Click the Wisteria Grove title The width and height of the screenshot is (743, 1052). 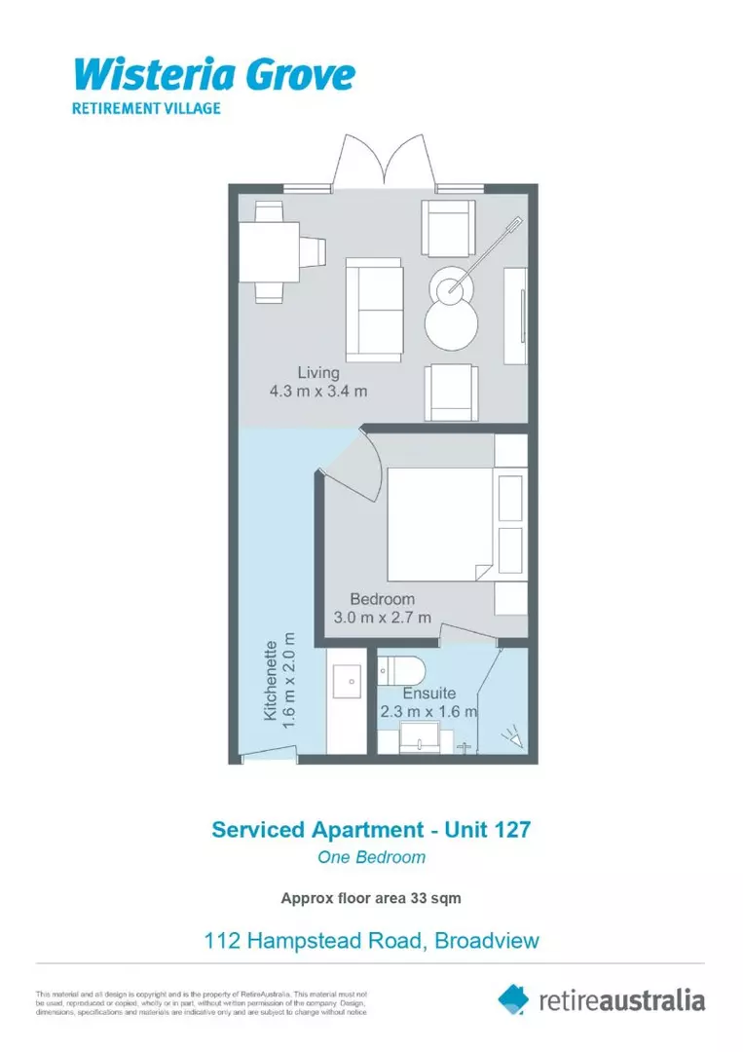pos(214,74)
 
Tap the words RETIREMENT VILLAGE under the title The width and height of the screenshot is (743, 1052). pos(146,108)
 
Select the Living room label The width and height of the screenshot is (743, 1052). pos(318,372)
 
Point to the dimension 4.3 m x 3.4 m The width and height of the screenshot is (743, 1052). pos(318,392)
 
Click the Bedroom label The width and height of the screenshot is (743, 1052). pos(383,599)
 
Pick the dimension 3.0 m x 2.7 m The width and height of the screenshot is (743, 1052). pos(383,618)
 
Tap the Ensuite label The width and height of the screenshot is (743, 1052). pos(429,693)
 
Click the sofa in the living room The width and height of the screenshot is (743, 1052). pos(374,310)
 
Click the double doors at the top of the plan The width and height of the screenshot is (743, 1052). pos(387,161)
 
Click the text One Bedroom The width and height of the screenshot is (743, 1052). pos(371,858)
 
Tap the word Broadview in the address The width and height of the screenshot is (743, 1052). pos(487,941)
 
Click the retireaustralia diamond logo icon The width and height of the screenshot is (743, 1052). pos(513,998)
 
